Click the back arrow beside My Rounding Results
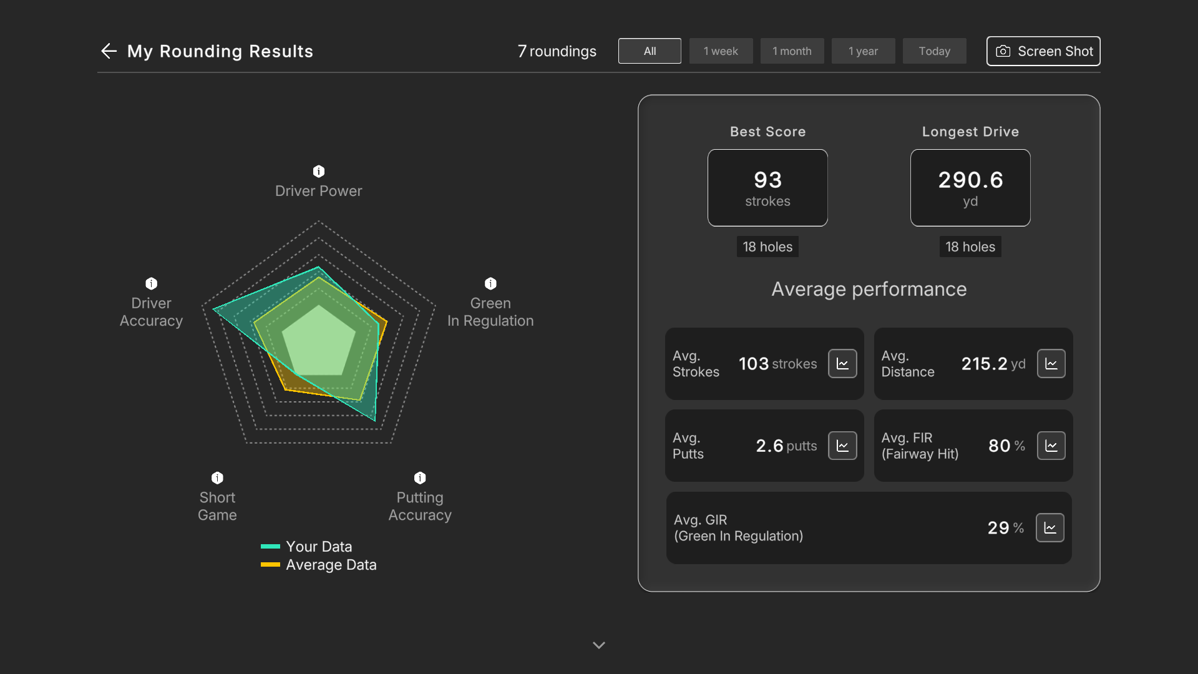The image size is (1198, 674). point(109,51)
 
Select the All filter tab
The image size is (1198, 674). point(650,51)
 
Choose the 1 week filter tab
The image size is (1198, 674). point(721,51)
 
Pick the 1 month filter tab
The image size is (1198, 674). point(792,51)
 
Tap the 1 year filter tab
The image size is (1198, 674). point(863,51)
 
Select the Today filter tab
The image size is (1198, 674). point(934,51)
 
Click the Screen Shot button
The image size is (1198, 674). point(1043,51)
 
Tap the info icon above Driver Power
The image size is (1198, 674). point(319,171)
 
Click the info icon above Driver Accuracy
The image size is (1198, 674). point(152,283)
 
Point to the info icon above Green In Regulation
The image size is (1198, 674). point(491,283)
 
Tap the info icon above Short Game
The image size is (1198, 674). point(217,478)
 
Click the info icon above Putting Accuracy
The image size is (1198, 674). point(420,478)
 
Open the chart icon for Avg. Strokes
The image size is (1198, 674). point(842,364)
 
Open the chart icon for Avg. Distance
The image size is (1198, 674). point(1051,364)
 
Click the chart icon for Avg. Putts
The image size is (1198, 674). point(842,446)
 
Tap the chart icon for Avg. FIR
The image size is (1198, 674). point(1051,446)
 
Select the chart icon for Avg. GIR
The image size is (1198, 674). point(1050,528)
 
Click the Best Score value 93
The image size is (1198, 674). point(768,180)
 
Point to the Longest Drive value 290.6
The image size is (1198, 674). point(971,180)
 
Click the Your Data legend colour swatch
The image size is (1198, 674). point(270,547)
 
